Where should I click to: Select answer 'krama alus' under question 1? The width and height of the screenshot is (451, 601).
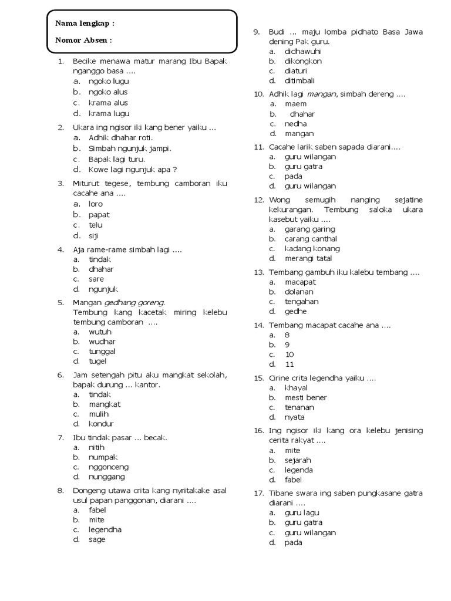(108, 103)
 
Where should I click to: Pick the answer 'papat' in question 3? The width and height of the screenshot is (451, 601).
(99, 215)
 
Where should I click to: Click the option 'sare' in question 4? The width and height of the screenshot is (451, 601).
(96, 279)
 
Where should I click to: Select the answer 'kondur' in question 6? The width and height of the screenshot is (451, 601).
(101, 424)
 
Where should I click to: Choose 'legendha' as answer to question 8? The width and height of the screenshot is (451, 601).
(105, 529)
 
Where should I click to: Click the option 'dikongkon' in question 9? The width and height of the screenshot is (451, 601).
(303, 61)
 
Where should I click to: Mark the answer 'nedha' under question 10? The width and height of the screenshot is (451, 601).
(295, 124)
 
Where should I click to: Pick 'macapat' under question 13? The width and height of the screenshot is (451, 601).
(300, 282)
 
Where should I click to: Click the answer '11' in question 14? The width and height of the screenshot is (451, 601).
(290, 364)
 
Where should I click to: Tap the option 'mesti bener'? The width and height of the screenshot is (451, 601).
(305, 397)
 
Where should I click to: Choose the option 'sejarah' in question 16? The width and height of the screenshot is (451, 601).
(298, 460)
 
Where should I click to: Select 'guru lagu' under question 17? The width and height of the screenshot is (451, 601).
(302, 513)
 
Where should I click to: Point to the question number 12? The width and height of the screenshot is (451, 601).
(259, 200)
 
